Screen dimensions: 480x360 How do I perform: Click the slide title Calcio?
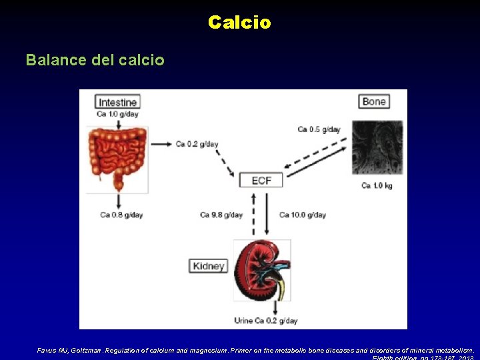239,23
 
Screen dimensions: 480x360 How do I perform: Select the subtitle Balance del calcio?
95,60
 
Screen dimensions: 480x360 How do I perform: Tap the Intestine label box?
118,102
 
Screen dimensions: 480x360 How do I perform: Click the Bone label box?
374,101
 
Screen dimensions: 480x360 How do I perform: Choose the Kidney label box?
209,266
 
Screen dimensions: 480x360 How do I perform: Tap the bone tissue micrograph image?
377,147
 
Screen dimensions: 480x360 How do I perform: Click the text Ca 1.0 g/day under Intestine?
117,114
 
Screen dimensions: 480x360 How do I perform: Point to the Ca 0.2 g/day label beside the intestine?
197,144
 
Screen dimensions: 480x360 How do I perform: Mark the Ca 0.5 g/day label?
319,129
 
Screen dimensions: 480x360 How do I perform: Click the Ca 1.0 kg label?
377,185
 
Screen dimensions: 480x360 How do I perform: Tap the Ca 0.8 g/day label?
121,215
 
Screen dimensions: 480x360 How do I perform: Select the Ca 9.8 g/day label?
221,215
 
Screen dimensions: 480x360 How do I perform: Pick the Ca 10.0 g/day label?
303,215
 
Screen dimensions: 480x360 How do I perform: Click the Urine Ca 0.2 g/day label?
265,321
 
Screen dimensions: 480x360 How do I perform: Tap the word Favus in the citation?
47,350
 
